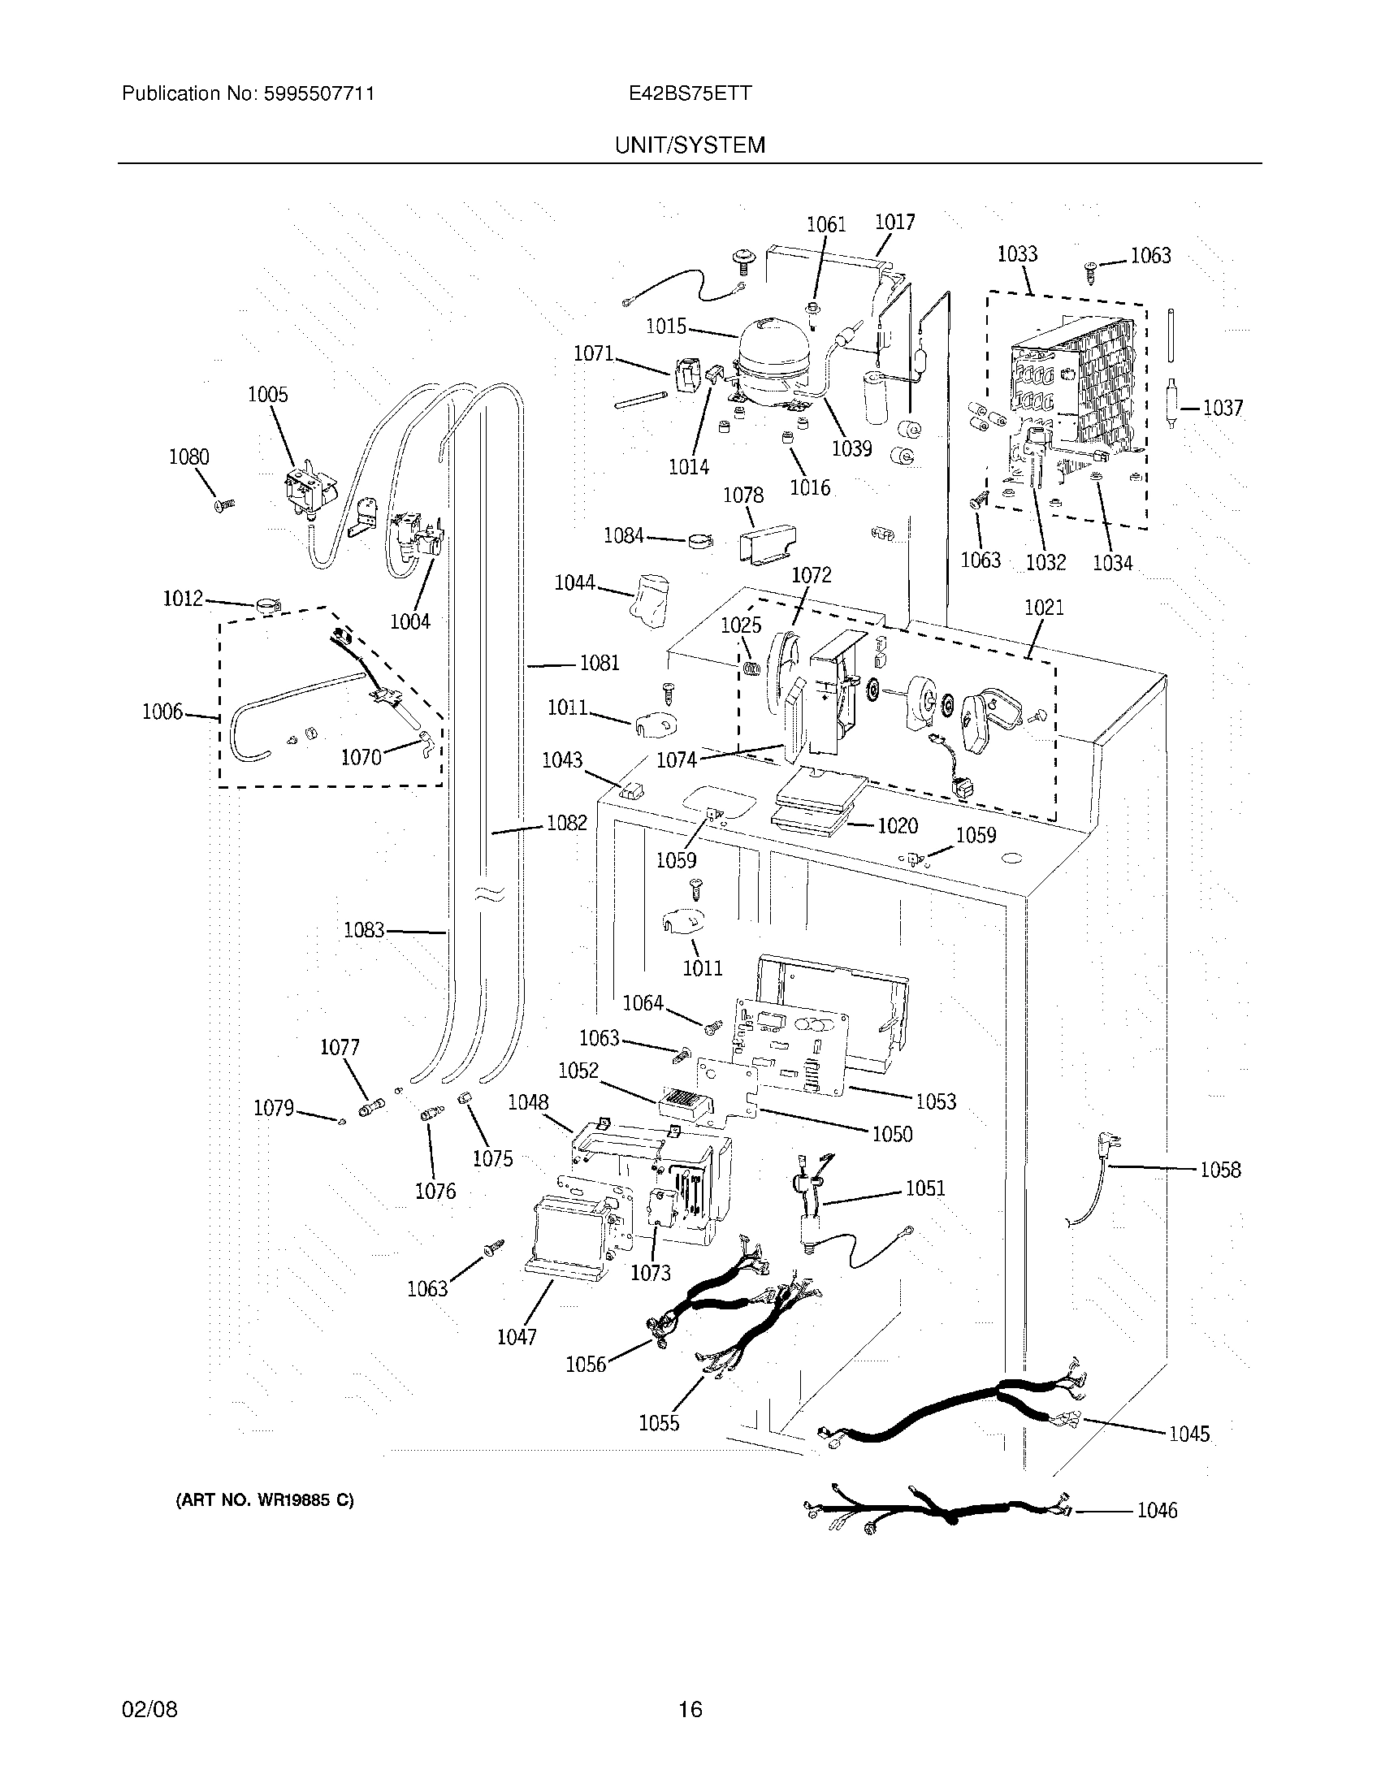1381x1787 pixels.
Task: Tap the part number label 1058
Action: click(x=1220, y=1170)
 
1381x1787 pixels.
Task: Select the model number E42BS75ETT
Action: click(x=690, y=93)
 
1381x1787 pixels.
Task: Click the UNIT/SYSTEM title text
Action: click(x=690, y=145)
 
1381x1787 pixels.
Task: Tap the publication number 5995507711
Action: click(x=318, y=93)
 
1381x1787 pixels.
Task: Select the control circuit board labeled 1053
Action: click(x=792, y=1046)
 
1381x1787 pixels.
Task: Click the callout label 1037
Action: click(x=1223, y=408)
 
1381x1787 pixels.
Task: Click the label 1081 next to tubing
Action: click(x=599, y=663)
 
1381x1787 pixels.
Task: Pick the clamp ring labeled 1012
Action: click(x=266, y=607)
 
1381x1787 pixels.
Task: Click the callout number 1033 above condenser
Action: click(x=1017, y=253)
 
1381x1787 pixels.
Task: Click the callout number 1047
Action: click(x=517, y=1337)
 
